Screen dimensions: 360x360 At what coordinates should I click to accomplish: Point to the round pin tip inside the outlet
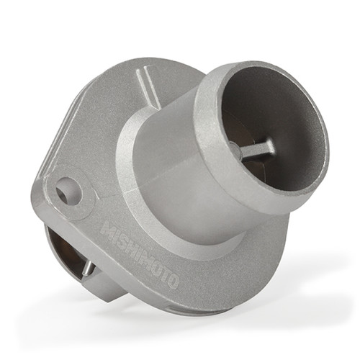tap(235, 151)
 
